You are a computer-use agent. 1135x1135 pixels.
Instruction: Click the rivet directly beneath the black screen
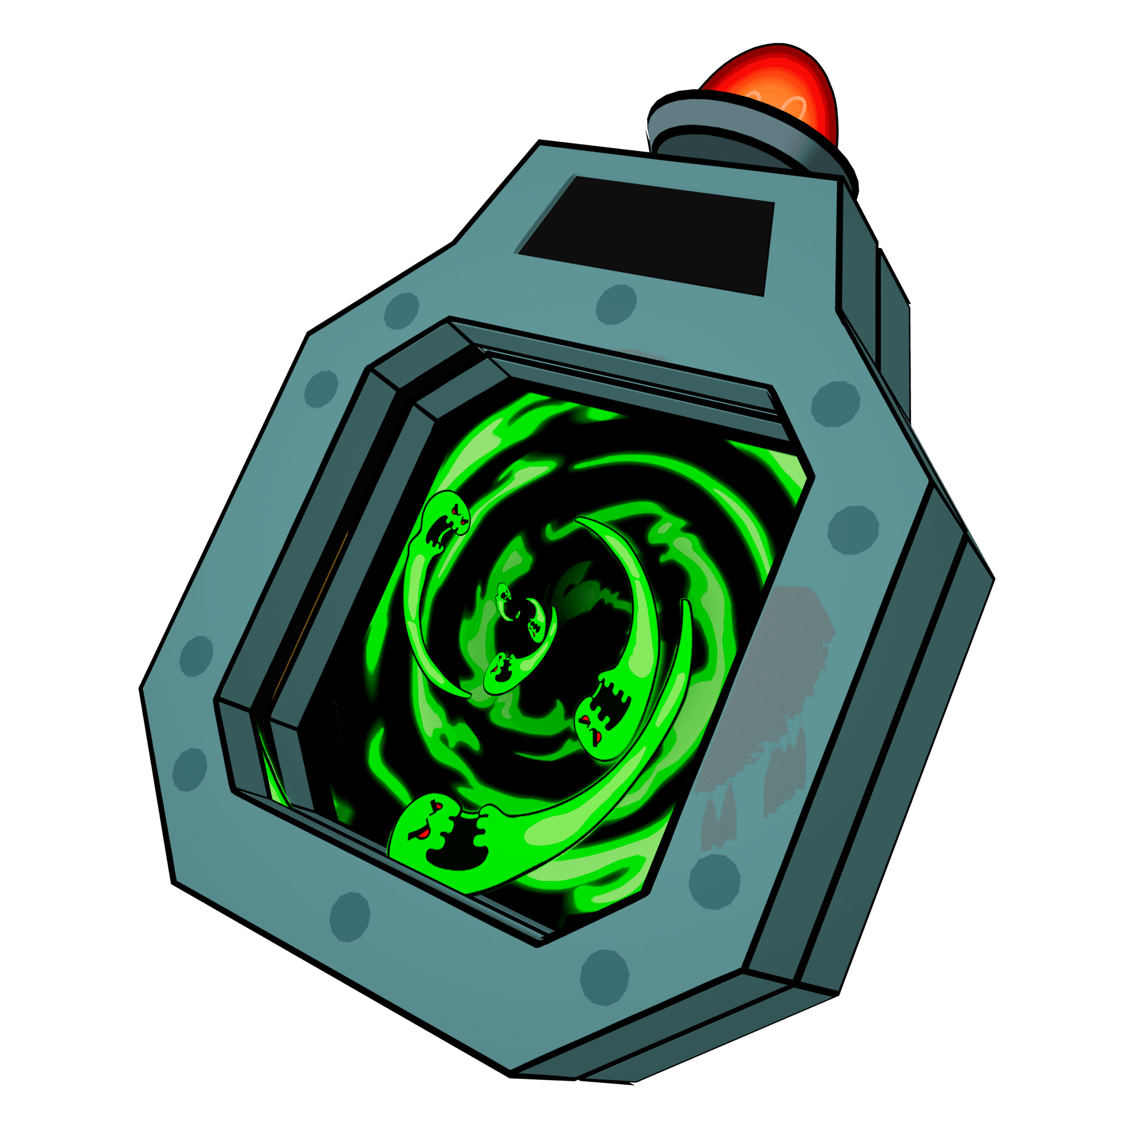tap(616, 304)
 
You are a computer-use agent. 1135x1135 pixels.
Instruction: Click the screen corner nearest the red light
tap(773, 203)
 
